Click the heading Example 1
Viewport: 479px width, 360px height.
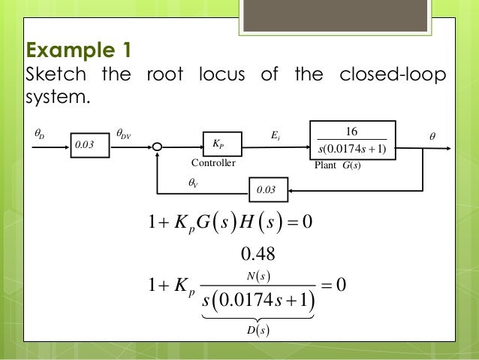[79, 52]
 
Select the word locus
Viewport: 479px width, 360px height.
[221, 76]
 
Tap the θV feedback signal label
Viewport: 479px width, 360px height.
[193, 181]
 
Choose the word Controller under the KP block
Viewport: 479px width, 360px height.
[213, 163]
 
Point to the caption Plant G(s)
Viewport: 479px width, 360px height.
[339, 164]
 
